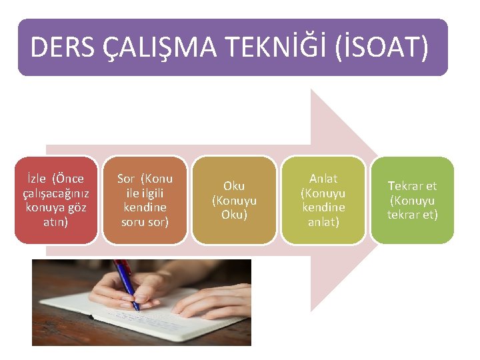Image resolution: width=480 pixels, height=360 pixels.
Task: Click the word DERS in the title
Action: tap(61, 48)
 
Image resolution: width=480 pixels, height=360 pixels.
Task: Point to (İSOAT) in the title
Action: tap(387, 48)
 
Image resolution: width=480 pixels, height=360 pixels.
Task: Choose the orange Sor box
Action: tap(145, 200)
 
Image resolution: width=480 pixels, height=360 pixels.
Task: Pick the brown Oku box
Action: tap(234, 200)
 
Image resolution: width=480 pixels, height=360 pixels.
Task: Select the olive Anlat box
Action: tap(323, 200)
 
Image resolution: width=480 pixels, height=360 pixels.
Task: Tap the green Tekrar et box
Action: tap(412, 200)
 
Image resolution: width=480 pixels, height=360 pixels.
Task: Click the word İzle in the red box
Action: tap(37, 179)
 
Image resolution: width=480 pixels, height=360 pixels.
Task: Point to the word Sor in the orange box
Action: tap(126, 179)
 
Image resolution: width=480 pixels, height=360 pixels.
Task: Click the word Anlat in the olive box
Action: tap(323, 179)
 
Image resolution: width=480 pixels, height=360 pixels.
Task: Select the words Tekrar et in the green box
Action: tap(412, 186)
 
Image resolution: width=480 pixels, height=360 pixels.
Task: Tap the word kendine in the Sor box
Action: tap(145, 207)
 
